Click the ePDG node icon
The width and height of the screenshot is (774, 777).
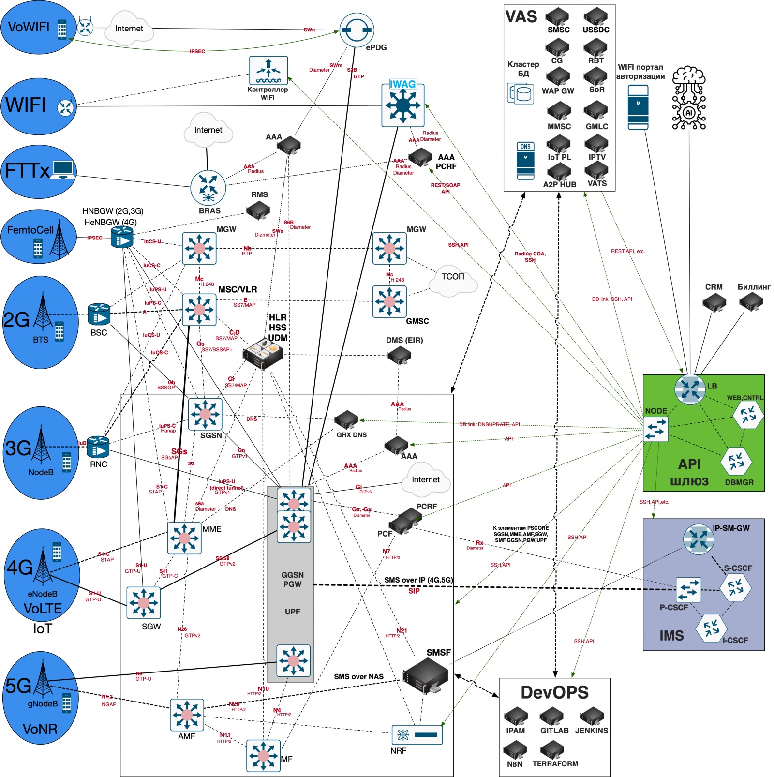(357, 30)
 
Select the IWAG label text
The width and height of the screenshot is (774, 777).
(402, 84)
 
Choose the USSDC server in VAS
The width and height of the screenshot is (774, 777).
(595, 16)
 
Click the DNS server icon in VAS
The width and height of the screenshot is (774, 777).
(525, 161)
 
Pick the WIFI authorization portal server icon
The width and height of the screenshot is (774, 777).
(638, 107)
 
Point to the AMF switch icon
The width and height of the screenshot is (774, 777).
(187, 715)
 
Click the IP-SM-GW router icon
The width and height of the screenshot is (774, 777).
(699, 539)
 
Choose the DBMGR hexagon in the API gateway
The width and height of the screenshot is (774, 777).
(736, 461)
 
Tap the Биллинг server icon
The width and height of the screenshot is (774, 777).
(751, 302)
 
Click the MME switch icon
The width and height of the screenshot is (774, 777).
(184, 538)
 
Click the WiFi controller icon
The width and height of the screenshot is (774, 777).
(268, 70)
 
